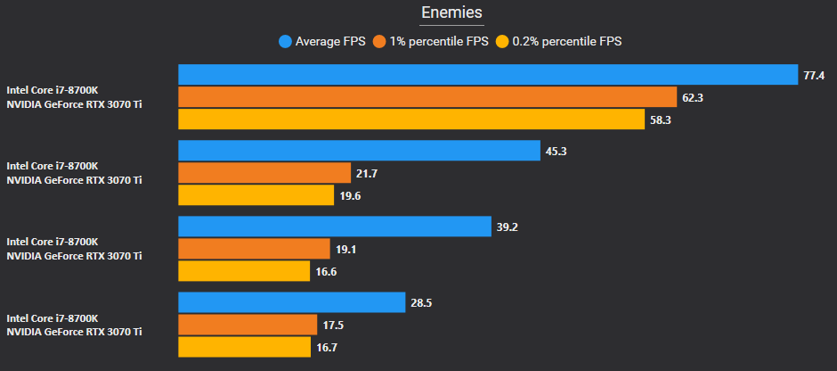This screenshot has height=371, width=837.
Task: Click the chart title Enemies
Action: (x=452, y=12)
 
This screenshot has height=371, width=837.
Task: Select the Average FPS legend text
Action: (x=331, y=41)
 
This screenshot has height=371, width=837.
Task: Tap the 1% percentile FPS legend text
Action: (x=439, y=41)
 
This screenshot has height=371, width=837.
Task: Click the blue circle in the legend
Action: (x=286, y=41)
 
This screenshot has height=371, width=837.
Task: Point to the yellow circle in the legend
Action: (x=502, y=41)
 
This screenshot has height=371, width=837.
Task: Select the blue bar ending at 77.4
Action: (x=487, y=75)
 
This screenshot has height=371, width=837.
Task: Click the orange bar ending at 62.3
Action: (x=427, y=97)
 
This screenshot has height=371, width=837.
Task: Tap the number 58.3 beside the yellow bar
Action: (x=662, y=120)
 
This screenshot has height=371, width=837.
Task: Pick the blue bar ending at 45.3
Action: (x=359, y=151)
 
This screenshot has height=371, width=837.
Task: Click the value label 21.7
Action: (x=367, y=173)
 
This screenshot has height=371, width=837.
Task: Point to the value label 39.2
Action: (x=507, y=227)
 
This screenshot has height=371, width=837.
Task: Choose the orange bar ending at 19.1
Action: (x=254, y=249)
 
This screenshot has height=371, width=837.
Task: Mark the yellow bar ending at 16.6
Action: (x=245, y=271)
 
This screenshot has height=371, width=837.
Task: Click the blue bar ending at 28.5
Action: (x=292, y=303)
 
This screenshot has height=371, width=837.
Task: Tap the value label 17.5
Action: (x=333, y=326)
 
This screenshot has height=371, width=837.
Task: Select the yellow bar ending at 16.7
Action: (x=245, y=347)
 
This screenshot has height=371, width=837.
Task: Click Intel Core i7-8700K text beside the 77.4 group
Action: (x=53, y=90)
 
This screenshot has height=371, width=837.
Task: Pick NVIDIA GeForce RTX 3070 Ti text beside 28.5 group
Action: (x=74, y=332)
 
